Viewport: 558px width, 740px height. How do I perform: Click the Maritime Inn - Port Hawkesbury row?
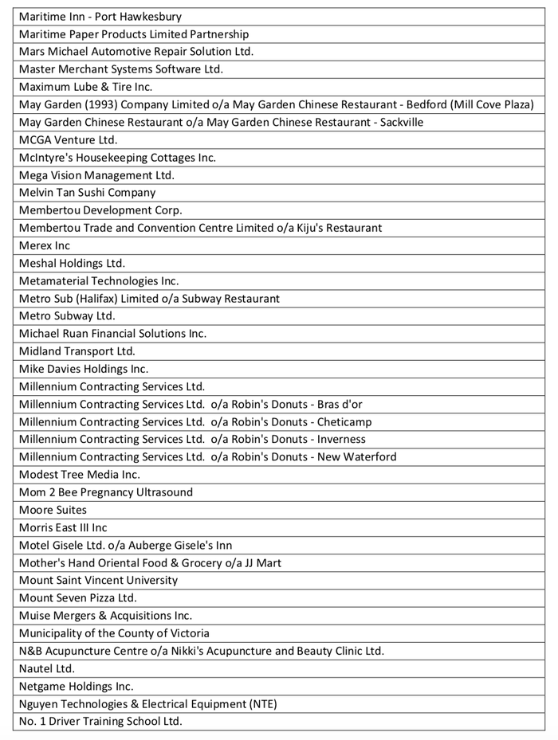coord(100,17)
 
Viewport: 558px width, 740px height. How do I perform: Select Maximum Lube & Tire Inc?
coord(85,87)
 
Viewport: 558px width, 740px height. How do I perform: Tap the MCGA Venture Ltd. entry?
coord(68,140)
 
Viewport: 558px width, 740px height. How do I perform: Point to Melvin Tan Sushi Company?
coord(87,193)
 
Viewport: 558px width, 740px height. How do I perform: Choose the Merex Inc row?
coord(45,245)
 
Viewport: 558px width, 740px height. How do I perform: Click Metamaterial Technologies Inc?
coord(99,280)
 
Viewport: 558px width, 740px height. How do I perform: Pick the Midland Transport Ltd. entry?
coord(77,351)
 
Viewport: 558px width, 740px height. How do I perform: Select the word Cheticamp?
coord(344,421)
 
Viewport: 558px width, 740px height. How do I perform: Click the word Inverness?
coord(341,439)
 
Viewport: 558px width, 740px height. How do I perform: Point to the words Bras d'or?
coord(340,404)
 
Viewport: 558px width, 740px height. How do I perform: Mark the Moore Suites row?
coord(53,510)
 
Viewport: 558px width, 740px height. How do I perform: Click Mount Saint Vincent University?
coord(98,580)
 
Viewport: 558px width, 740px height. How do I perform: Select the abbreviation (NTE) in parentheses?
coord(261,703)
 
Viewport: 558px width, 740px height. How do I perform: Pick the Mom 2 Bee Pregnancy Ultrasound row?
coord(105,492)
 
